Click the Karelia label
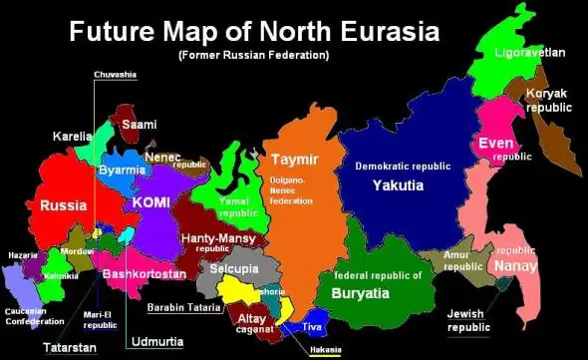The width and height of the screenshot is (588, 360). tap(72, 136)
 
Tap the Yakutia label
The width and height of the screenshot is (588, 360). tap(398, 185)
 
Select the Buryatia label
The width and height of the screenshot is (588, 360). tap(378, 293)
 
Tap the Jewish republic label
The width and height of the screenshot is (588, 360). tap(468, 320)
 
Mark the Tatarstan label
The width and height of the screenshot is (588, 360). tap(69, 348)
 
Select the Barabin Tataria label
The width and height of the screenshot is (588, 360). tap(182, 307)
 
